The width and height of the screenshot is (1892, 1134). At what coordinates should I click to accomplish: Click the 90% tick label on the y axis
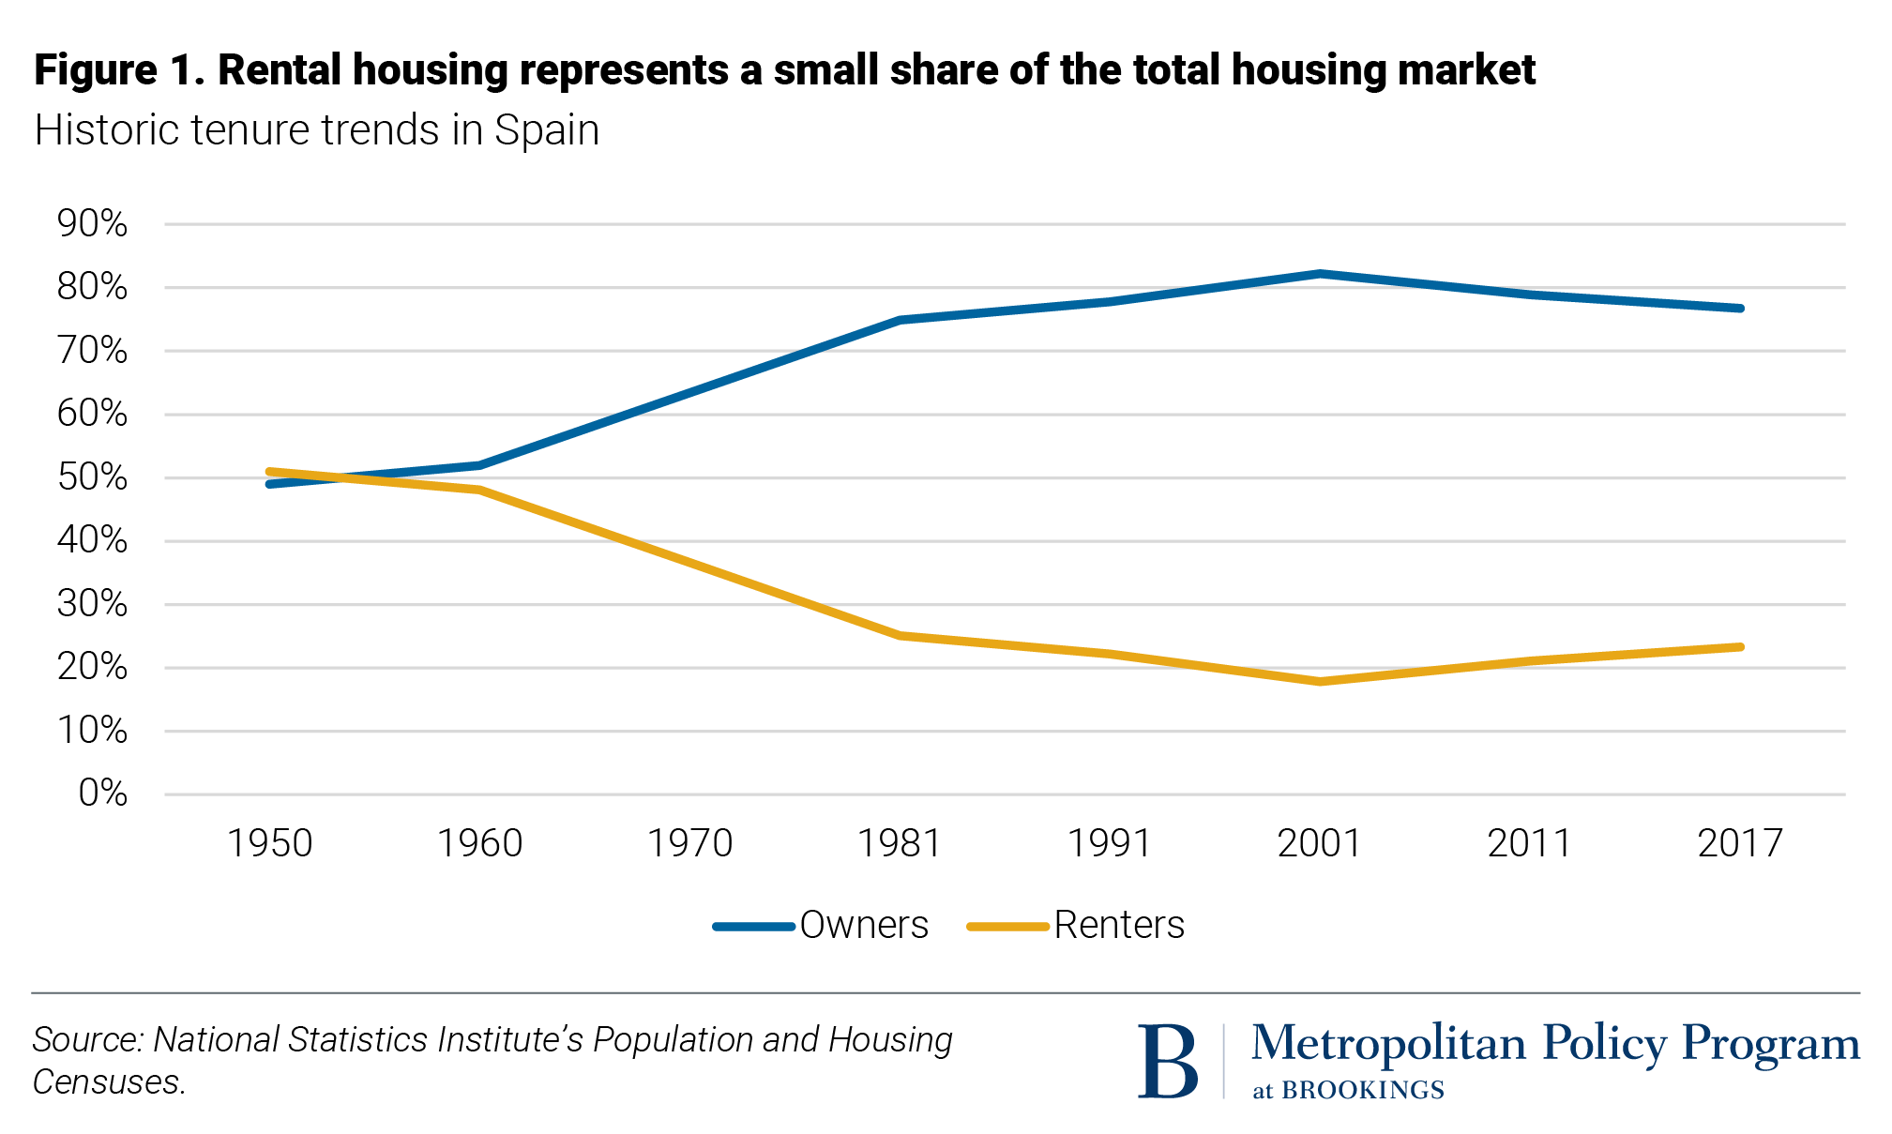point(92,223)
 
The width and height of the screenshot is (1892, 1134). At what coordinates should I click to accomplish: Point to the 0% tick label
point(102,794)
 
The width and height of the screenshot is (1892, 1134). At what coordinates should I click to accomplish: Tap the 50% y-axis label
point(92,477)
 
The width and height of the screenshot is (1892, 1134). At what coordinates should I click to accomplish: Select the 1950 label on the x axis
point(269,843)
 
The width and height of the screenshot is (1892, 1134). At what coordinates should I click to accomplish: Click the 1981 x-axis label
point(900,843)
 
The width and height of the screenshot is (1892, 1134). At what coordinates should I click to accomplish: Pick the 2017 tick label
point(1739,843)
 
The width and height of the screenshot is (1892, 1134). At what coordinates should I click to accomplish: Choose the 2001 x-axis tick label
point(1319,843)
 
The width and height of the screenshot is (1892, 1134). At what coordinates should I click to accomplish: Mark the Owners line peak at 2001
point(1320,274)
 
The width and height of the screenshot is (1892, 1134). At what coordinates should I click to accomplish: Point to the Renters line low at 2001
point(1320,682)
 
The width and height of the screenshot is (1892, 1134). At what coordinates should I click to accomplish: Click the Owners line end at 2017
point(1740,309)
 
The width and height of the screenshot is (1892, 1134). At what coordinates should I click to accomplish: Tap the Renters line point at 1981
point(900,636)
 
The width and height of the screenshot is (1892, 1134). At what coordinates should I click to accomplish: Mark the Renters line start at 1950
point(269,472)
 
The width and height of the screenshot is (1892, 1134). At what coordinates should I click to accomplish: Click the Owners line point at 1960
point(479,465)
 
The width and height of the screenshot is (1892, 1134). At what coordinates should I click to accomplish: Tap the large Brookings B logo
point(1167,1061)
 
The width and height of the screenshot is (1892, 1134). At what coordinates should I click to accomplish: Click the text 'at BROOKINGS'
point(1348,1090)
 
